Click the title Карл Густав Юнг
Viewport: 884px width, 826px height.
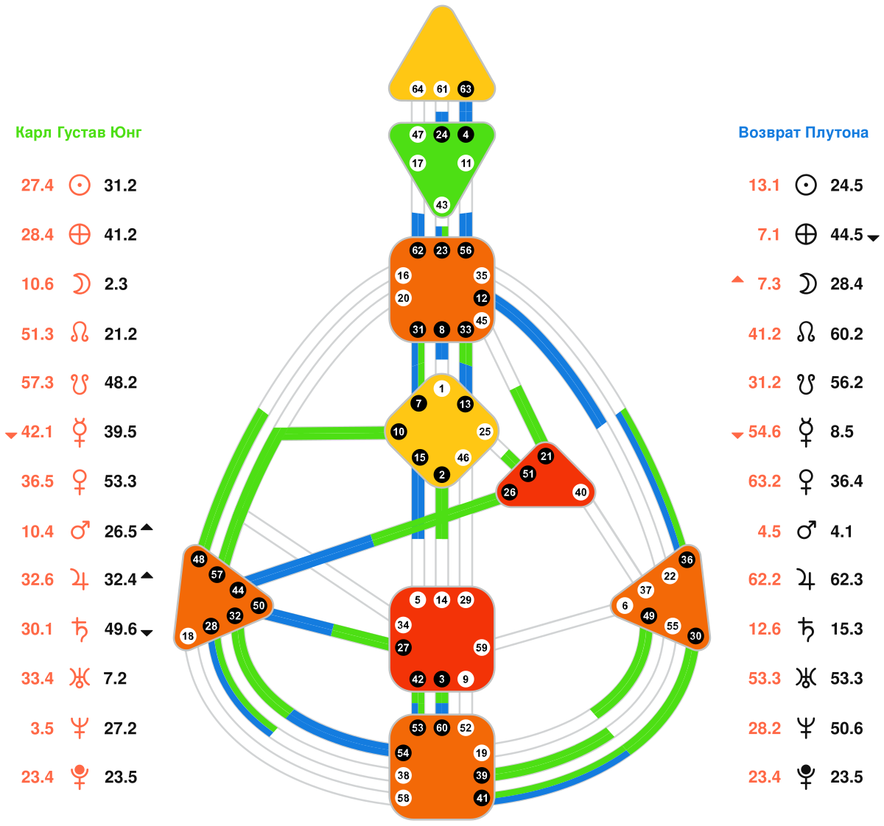79,133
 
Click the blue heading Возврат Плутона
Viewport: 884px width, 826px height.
803,133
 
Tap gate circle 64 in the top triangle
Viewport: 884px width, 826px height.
418,89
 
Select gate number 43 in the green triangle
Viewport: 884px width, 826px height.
442,205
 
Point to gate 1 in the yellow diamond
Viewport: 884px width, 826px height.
441,389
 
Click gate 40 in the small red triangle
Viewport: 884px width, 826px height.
580,493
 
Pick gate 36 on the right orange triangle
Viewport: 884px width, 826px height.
687,560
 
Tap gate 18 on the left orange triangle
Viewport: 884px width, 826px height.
188,636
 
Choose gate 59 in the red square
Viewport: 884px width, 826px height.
481,648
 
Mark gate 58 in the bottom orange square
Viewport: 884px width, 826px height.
403,798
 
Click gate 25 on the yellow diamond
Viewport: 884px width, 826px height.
484,432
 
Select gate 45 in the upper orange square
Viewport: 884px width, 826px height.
481,320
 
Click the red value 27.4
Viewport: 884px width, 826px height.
38,186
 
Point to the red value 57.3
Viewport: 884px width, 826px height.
38,383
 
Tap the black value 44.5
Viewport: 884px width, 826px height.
846,235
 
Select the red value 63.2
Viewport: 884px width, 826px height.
765,481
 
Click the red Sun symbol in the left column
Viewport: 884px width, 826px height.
80,185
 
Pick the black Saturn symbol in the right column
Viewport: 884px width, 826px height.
807,629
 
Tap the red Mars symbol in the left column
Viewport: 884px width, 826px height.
80,530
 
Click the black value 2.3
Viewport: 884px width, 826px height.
116,284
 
